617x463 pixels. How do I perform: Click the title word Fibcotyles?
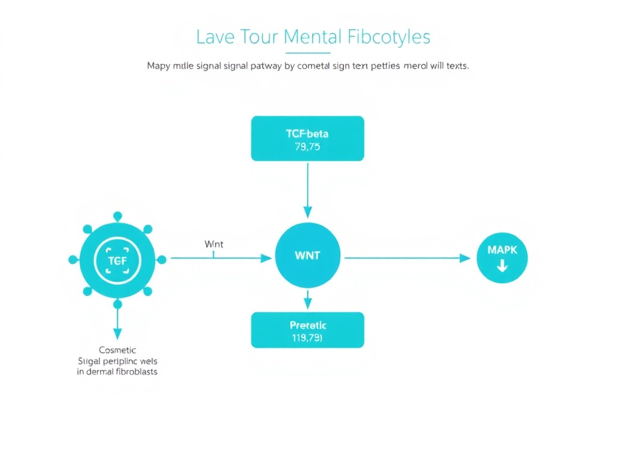point(389,37)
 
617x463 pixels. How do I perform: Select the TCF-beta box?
point(307,139)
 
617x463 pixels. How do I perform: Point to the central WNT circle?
point(307,255)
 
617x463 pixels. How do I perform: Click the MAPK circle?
point(502,257)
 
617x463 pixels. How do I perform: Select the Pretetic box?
point(307,330)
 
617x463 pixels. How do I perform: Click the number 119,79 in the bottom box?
point(307,338)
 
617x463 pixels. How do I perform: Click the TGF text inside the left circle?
point(117,260)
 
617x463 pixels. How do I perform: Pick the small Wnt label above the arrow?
point(214,244)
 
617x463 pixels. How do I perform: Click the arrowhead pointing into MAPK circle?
point(465,258)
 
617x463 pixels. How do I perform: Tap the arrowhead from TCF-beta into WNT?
point(307,212)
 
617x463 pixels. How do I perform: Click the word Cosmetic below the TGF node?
point(117,350)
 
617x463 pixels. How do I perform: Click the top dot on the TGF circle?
point(117,215)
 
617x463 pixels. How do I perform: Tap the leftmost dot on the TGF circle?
point(73,260)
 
